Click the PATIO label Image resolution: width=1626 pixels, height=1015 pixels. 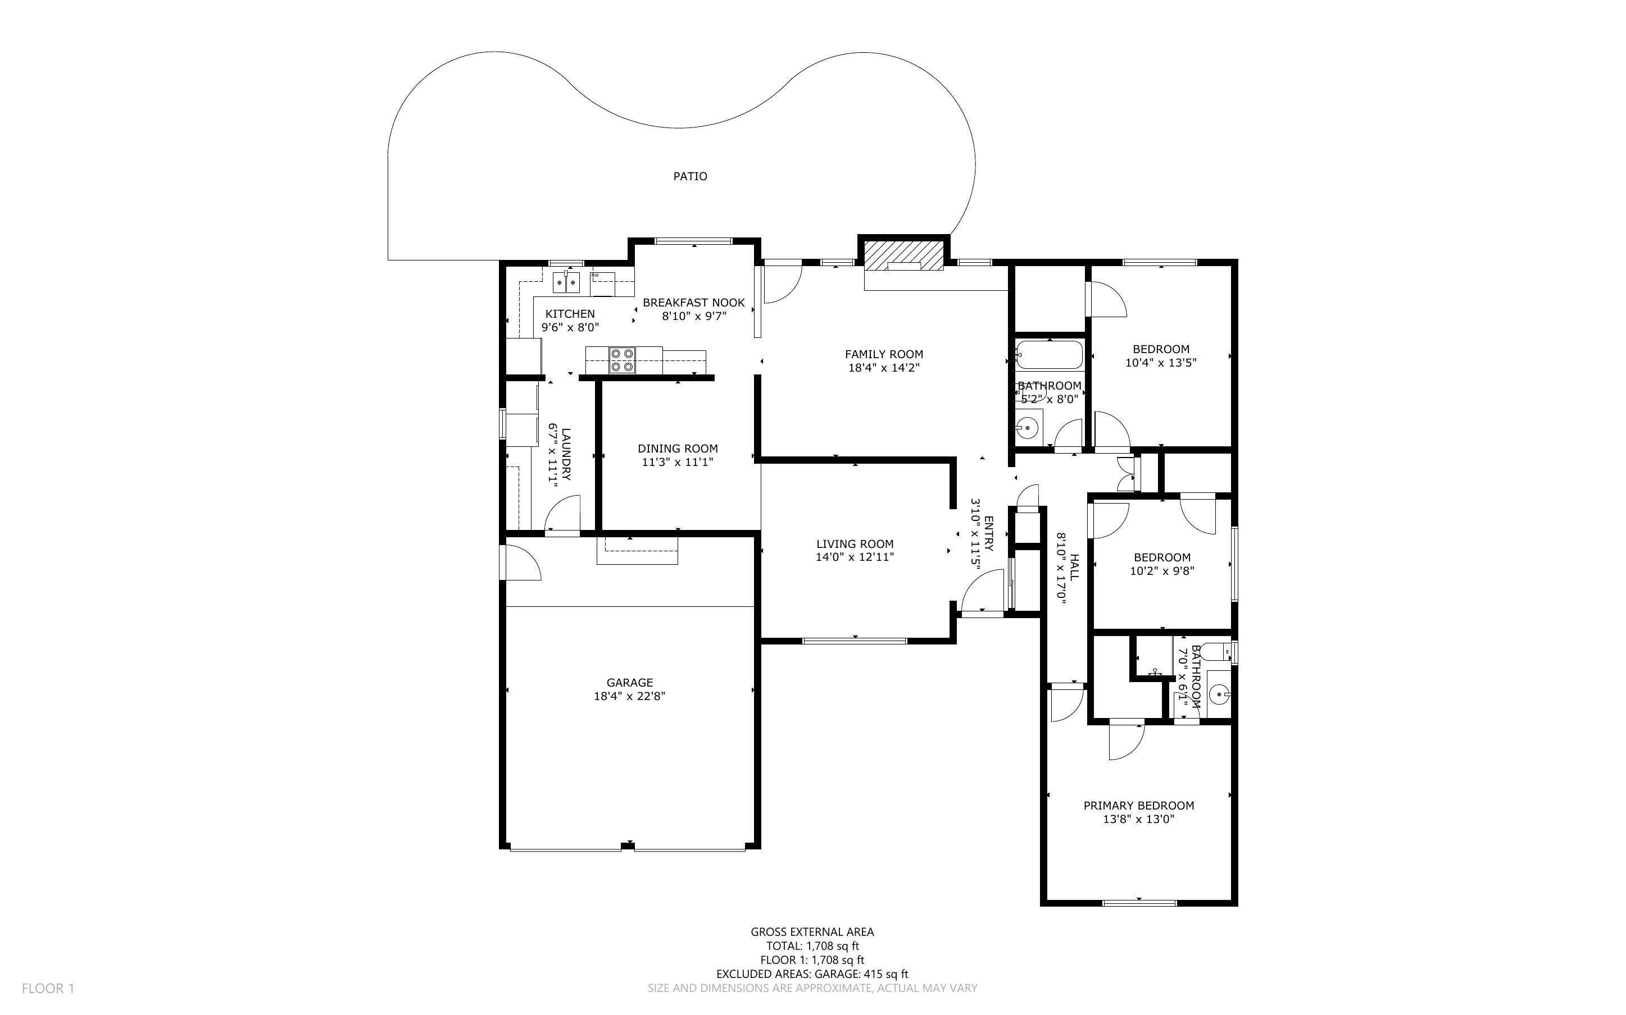click(690, 176)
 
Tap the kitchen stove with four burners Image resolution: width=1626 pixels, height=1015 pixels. click(623, 360)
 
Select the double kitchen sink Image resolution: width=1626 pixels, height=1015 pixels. click(566, 282)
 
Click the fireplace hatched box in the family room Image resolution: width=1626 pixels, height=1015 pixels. click(903, 255)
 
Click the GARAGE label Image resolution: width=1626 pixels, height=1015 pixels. click(629, 683)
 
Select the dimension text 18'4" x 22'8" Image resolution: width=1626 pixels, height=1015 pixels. click(629, 696)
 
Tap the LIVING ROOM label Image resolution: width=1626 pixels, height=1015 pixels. click(855, 544)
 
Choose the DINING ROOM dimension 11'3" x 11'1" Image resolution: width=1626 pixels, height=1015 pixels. click(678, 462)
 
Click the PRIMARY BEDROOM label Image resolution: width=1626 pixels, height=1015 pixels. click(1138, 806)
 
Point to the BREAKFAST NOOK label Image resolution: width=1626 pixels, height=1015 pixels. click(694, 303)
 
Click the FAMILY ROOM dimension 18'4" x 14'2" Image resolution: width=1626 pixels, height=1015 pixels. click(884, 368)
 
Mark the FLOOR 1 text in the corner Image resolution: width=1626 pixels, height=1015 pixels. click(48, 988)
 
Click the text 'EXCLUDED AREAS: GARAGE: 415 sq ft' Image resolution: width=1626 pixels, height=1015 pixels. click(812, 974)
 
